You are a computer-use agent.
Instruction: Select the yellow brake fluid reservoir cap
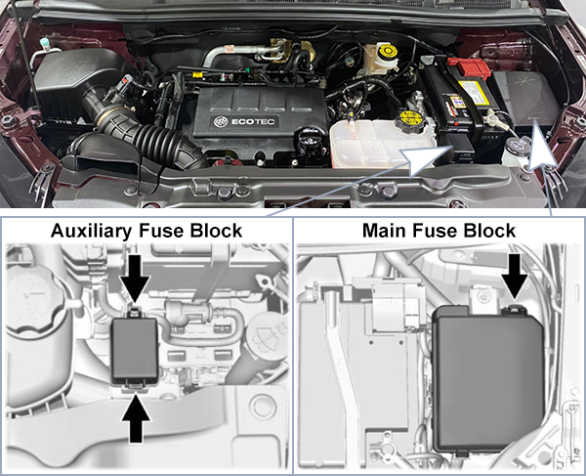click(387, 50)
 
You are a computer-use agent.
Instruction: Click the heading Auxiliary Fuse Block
click(146, 231)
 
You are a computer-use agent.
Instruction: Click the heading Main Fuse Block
click(439, 231)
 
